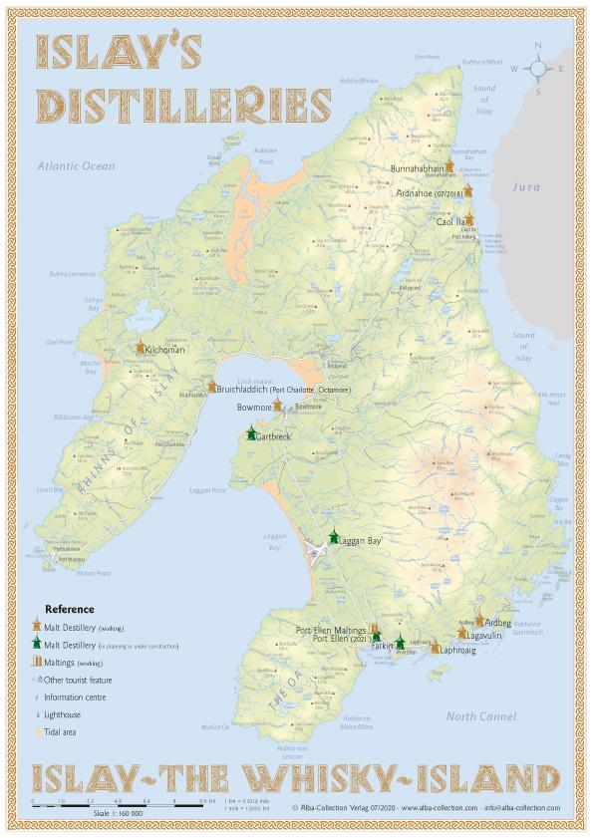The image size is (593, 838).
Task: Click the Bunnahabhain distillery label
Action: pos(417,169)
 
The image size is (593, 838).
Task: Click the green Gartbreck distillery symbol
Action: pos(251,434)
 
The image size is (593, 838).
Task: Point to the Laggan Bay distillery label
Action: pos(360,541)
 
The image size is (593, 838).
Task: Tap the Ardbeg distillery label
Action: pos(497,623)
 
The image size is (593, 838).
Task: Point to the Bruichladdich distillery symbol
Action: pos(211,387)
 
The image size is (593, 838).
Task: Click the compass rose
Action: pos(537,68)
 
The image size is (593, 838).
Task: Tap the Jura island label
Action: pos(524,186)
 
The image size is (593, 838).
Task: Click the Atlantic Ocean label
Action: pos(77,166)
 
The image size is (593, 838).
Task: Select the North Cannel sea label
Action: pos(481,716)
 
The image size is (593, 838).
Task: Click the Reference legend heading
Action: pos(70,609)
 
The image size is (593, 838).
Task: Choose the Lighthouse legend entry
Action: pos(64,714)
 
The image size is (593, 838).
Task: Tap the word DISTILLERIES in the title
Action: pos(183,105)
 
